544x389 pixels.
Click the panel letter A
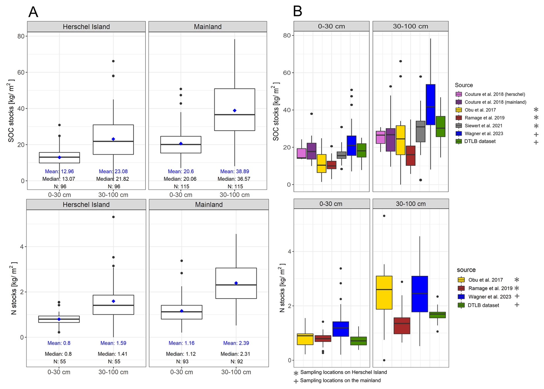[x=33, y=12]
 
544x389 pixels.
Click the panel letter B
[x=298, y=12]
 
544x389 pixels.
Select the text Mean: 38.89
[x=235, y=171]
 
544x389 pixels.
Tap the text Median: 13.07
[x=59, y=179]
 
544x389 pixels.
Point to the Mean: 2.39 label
[x=236, y=343]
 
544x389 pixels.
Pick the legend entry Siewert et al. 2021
[x=483, y=126]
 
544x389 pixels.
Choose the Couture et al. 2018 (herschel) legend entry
[x=495, y=94]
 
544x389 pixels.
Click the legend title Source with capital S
[x=464, y=85]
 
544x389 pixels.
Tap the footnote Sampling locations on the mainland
[x=340, y=380]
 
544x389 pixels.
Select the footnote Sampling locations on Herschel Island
[x=343, y=372]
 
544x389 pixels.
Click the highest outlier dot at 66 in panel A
[x=113, y=61]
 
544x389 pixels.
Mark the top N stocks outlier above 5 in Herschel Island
[x=114, y=217]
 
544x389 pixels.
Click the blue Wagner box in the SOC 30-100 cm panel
[x=430, y=105]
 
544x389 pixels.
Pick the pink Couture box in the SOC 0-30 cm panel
[x=301, y=153]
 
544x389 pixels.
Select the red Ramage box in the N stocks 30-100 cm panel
[x=402, y=326]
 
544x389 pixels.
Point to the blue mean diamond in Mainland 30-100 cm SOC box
[x=235, y=110]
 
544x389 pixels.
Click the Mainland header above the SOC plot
[x=208, y=27]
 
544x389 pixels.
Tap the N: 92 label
[x=236, y=361]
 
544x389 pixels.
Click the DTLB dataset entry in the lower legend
[x=483, y=305]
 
